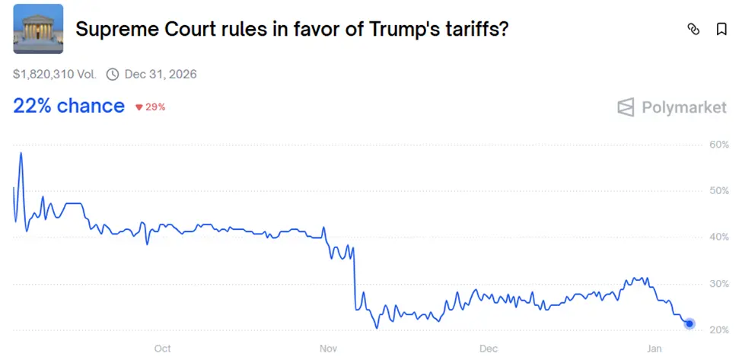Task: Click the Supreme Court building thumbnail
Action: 38,29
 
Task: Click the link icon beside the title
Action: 693,29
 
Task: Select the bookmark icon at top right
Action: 721,29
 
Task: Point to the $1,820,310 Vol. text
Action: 55,74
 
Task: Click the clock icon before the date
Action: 113,74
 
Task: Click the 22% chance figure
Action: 68,106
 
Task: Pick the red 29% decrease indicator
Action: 151,107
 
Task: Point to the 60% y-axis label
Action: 719,144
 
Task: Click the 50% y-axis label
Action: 719,190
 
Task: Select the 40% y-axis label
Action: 719,237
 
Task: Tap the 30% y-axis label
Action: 719,283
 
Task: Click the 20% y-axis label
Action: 719,330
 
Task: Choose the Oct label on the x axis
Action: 162,349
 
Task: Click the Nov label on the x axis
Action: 328,349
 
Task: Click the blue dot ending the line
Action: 689,324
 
